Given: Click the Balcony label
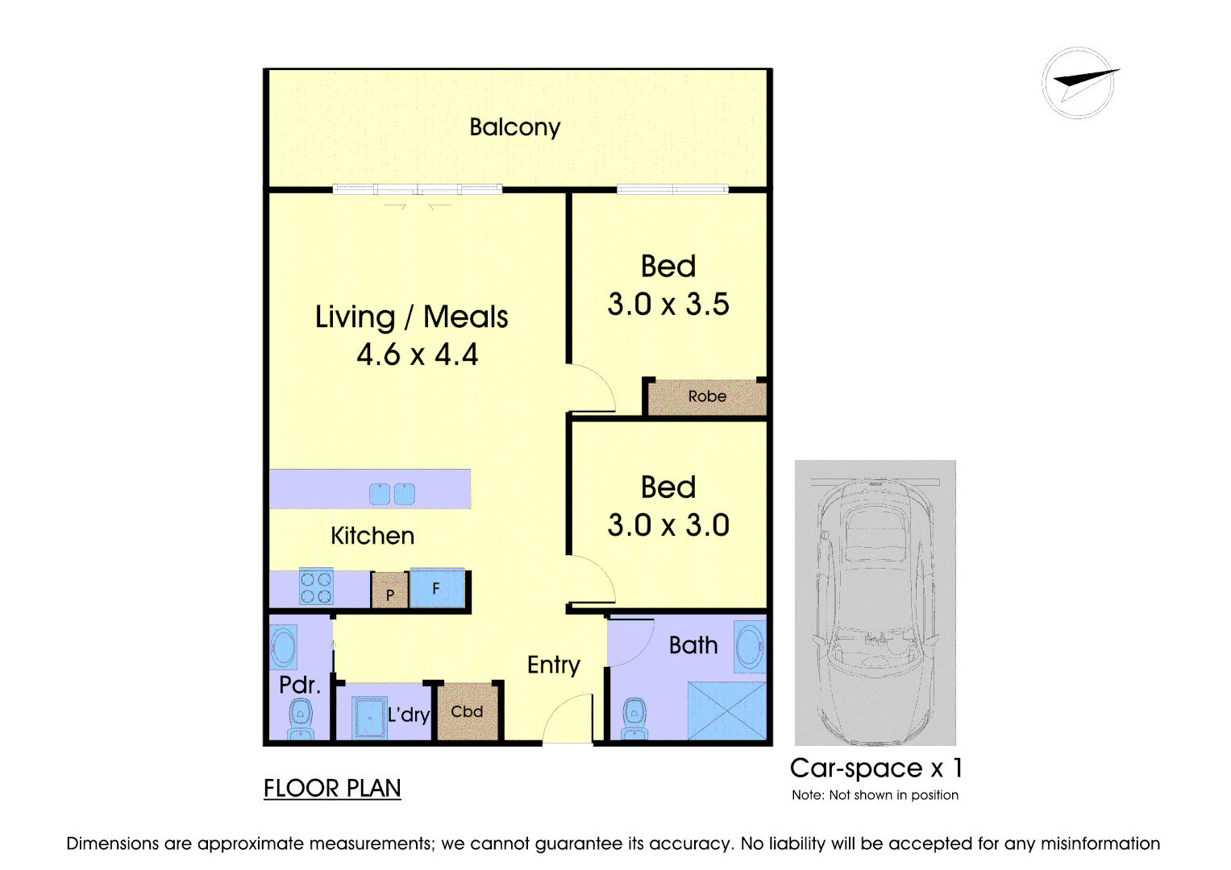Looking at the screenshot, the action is (x=515, y=127).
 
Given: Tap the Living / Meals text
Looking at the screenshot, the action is (x=411, y=317).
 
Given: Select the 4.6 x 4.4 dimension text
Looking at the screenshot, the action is (x=417, y=354).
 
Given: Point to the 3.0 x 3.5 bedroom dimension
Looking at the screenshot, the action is (x=668, y=304).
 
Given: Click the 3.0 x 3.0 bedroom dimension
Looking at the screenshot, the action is (x=668, y=525).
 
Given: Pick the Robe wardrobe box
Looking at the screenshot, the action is (x=707, y=396).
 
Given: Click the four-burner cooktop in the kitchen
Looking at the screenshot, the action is (x=316, y=587).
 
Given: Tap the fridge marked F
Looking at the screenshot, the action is (x=438, y=588).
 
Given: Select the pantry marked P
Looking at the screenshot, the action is (x=389, y=590).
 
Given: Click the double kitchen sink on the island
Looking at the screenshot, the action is (x=392, y=494).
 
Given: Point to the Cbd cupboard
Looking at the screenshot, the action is (x=467, y=712).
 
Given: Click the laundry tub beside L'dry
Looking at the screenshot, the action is (x=369, y=717).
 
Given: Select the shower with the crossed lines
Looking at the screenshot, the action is (x=727, y=710).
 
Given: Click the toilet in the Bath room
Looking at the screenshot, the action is (x=634, y=719).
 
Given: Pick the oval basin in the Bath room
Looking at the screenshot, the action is (x=750, y=646).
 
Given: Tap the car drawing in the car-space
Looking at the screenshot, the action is (x=875, y=611).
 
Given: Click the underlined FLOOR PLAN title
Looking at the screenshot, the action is (x=332, y=789).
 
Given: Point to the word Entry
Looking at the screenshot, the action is (x=553, y=665).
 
